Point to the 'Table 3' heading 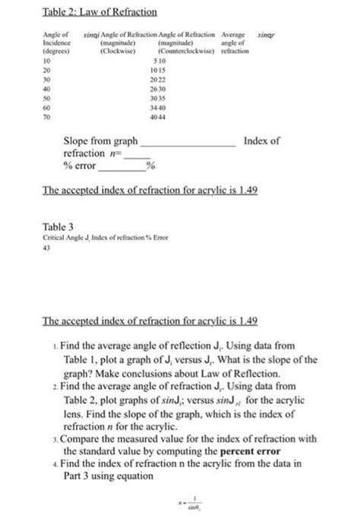(56, 227)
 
